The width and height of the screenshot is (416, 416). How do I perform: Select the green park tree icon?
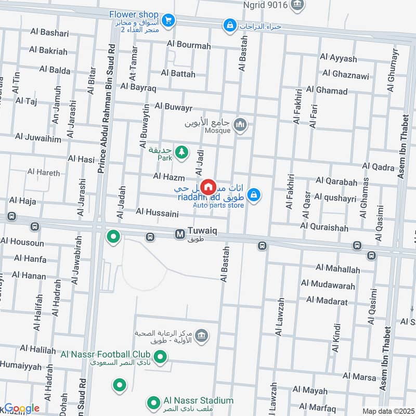[181, 152]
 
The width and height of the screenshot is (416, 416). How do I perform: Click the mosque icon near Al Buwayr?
[240, 124]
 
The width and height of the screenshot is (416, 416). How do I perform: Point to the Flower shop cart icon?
[167, 20]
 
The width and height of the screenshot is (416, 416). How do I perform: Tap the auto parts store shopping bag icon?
[253, 195]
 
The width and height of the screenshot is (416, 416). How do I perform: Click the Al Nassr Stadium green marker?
[153, 402]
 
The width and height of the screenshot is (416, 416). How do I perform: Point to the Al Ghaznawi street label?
[346, 75]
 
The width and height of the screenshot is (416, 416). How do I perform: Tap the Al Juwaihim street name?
[38, 137]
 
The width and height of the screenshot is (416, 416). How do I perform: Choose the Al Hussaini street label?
[157, 212]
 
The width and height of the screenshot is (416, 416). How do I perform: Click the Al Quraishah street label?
[324, 227]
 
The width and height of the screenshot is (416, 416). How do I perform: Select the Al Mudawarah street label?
[328, 285]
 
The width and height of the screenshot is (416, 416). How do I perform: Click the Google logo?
[22, 409]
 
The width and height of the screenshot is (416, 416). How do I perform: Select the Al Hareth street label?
[44, 172]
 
